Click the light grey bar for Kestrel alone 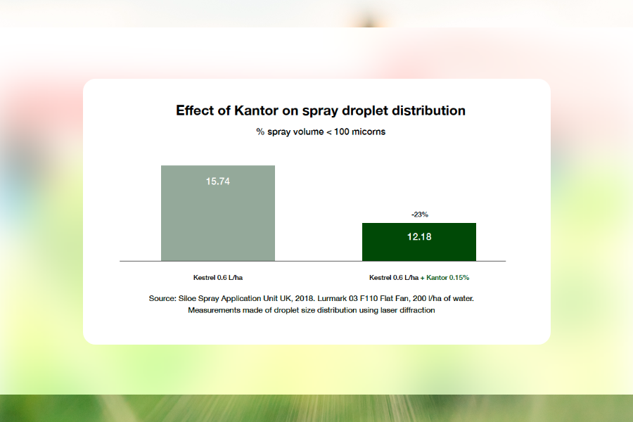218,213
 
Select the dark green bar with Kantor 419,242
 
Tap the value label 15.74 218,181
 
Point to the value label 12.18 419,236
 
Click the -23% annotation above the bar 420,215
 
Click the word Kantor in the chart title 256,110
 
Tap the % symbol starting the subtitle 260,132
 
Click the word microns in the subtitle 369,132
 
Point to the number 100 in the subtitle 342,132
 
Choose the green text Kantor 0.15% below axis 448,277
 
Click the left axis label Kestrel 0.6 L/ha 218,277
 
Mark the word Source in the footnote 162,298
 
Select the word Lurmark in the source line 332,298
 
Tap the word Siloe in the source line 187,298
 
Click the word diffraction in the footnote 417,310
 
